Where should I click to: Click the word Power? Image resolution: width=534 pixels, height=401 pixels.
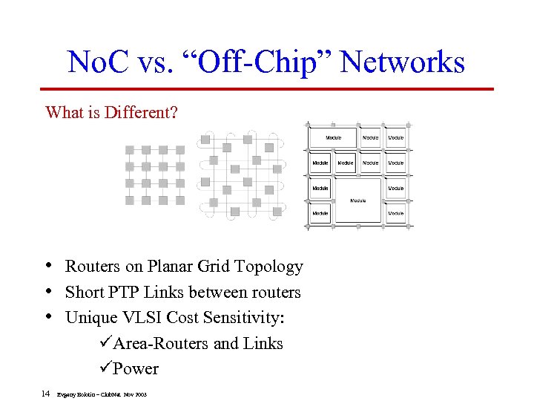click(x=136, y=368)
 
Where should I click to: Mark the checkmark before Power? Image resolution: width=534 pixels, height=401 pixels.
click(x=105, y=368)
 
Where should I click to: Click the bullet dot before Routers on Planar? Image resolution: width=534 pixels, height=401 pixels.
click(x=48, y=266)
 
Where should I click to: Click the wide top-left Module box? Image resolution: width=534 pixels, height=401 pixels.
click(x=334, y=137)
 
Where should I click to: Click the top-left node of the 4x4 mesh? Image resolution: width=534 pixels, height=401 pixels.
click(x=129, y=149)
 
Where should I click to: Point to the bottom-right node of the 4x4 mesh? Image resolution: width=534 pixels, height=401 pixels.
click(x=180, y=200)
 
